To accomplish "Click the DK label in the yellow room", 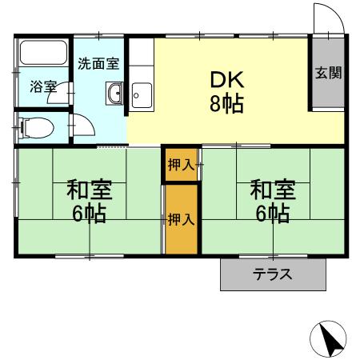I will coord(226,80).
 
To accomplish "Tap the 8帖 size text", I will coord(226,103).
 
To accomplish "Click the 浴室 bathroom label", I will coord(43,86).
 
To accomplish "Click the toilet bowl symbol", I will coord(36,126).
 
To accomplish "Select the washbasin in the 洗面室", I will coord(114,94).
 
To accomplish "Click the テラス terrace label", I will coord(273,274).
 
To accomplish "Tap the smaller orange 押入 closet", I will coord(181,165).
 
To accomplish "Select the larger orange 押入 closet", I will coord(181,218).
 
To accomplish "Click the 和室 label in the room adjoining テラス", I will coord(273,190).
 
